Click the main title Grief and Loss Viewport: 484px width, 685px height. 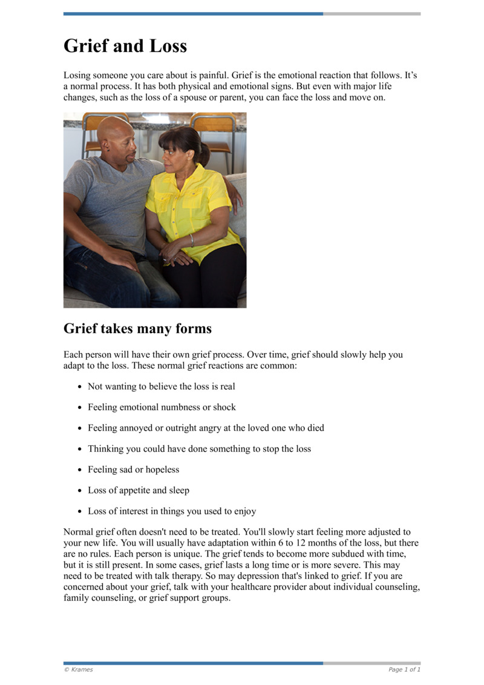125,46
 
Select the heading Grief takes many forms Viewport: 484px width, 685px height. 137,328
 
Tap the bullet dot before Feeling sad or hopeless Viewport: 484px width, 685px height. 79,469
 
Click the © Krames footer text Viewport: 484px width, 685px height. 79,669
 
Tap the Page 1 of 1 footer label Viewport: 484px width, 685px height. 404,669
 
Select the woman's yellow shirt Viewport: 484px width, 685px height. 188,206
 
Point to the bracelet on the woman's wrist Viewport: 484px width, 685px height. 192,240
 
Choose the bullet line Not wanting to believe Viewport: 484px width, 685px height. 161,386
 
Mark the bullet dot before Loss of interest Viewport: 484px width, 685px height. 79,511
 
